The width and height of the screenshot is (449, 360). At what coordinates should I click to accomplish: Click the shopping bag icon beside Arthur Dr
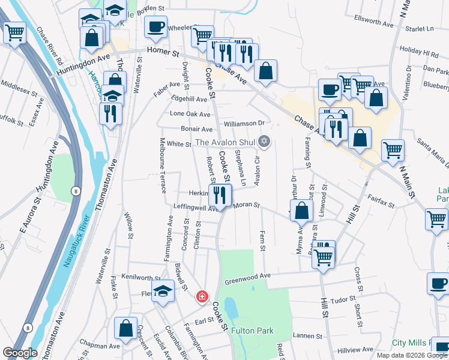303,211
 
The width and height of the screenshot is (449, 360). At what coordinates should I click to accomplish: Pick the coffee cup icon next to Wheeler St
155,27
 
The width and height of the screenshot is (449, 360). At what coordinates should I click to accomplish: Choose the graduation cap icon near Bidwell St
163,292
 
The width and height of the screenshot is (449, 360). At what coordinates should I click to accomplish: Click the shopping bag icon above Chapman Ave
125,328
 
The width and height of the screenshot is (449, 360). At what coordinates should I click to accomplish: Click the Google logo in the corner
20,353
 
